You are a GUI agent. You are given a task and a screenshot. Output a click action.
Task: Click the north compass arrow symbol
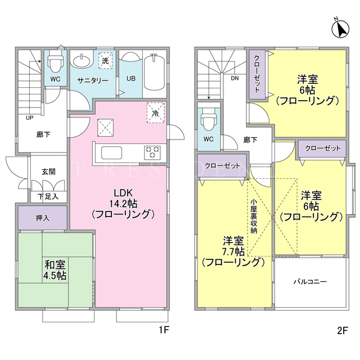tap(340, 28)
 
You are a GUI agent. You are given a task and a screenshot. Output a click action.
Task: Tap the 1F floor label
tap(164, 330)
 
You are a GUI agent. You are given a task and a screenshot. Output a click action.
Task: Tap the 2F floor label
tap(343, 330)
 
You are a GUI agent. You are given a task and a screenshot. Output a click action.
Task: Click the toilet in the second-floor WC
tap(208, 119)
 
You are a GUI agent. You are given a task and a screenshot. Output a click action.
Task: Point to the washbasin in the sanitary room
tap(82, 61)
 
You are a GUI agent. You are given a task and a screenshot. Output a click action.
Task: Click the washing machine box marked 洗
tap(105, 61)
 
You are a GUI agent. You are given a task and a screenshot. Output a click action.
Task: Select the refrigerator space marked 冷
tap(156, 112)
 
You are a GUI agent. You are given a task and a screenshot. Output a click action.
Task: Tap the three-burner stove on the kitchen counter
tap(152, 152)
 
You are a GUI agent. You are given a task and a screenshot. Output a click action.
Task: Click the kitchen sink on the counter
tap(111, 152)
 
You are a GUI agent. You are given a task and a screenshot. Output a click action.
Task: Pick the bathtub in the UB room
tap(154, 73)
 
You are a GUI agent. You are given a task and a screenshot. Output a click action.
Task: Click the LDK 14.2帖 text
tap(123, 203)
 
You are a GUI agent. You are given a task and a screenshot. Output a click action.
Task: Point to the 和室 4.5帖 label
tap(55, 270)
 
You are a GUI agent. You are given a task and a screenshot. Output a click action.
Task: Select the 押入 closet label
tap(43, 218)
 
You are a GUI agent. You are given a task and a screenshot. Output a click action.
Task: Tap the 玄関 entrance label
tap(48, 172)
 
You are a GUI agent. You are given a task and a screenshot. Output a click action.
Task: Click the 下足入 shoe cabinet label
tap(48, 197)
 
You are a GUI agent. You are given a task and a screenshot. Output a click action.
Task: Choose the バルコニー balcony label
tap(310, 281)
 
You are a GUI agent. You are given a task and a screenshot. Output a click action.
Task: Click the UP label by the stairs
tap(30, 118)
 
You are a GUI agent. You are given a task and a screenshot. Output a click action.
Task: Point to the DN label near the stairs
tap(235, 79)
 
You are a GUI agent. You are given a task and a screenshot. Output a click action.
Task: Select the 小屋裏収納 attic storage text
tap(254, 216)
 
